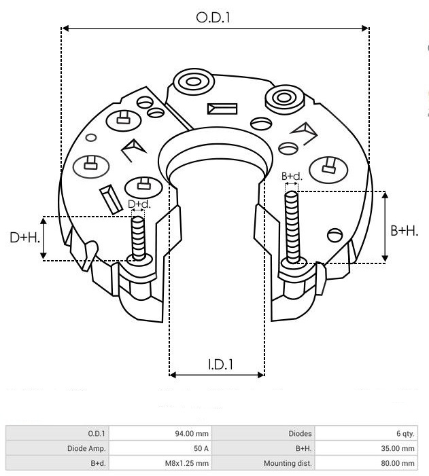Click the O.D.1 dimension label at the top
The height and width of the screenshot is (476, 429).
point(213,18)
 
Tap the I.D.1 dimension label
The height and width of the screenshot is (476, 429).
point(221,364)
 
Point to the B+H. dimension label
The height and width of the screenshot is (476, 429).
point(405,231)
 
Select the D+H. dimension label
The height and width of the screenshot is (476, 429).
point(25,238)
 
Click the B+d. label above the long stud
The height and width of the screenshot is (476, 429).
point(292,177)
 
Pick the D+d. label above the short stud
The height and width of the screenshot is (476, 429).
point(139,204)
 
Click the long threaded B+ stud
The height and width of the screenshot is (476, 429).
point(292,227)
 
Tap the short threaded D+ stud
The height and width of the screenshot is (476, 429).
point(138,238)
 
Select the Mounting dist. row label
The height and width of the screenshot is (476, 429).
point(288,463)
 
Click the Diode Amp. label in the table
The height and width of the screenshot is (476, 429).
point(86,448)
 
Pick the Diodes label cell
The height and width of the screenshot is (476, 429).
point(300,433)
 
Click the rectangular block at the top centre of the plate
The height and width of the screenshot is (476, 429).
point(222,109)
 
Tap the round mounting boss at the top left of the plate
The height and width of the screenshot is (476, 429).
point(193,81)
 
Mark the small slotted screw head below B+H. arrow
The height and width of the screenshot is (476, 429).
point(334,235)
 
